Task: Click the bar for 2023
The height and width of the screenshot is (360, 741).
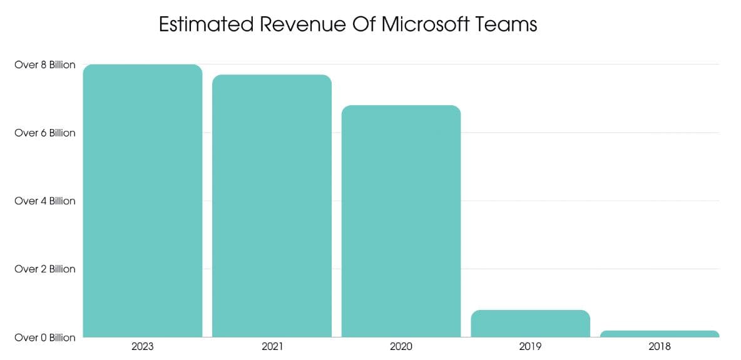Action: pos(143,200)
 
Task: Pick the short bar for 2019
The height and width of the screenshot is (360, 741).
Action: pos(530,324)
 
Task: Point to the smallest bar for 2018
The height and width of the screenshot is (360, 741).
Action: pos(660,334)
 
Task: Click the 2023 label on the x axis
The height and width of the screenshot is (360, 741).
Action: pos(143,346)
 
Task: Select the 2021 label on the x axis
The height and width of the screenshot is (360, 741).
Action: pos(272,346)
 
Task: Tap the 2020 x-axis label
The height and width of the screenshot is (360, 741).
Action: pos(401,346)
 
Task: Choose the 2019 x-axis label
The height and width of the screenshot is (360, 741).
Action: pos(530,346)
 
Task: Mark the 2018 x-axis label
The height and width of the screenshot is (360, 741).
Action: pos(660,346)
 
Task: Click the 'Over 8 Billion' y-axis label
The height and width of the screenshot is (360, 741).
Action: pos(44,64)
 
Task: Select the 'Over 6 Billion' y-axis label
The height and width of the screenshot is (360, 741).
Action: pos(44,133)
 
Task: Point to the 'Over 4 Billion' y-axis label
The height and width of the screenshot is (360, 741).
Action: pos(44,201)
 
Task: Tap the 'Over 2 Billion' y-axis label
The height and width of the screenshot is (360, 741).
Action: pos(44,269)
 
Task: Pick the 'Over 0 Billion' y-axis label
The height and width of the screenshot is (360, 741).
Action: pos(44,337)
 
